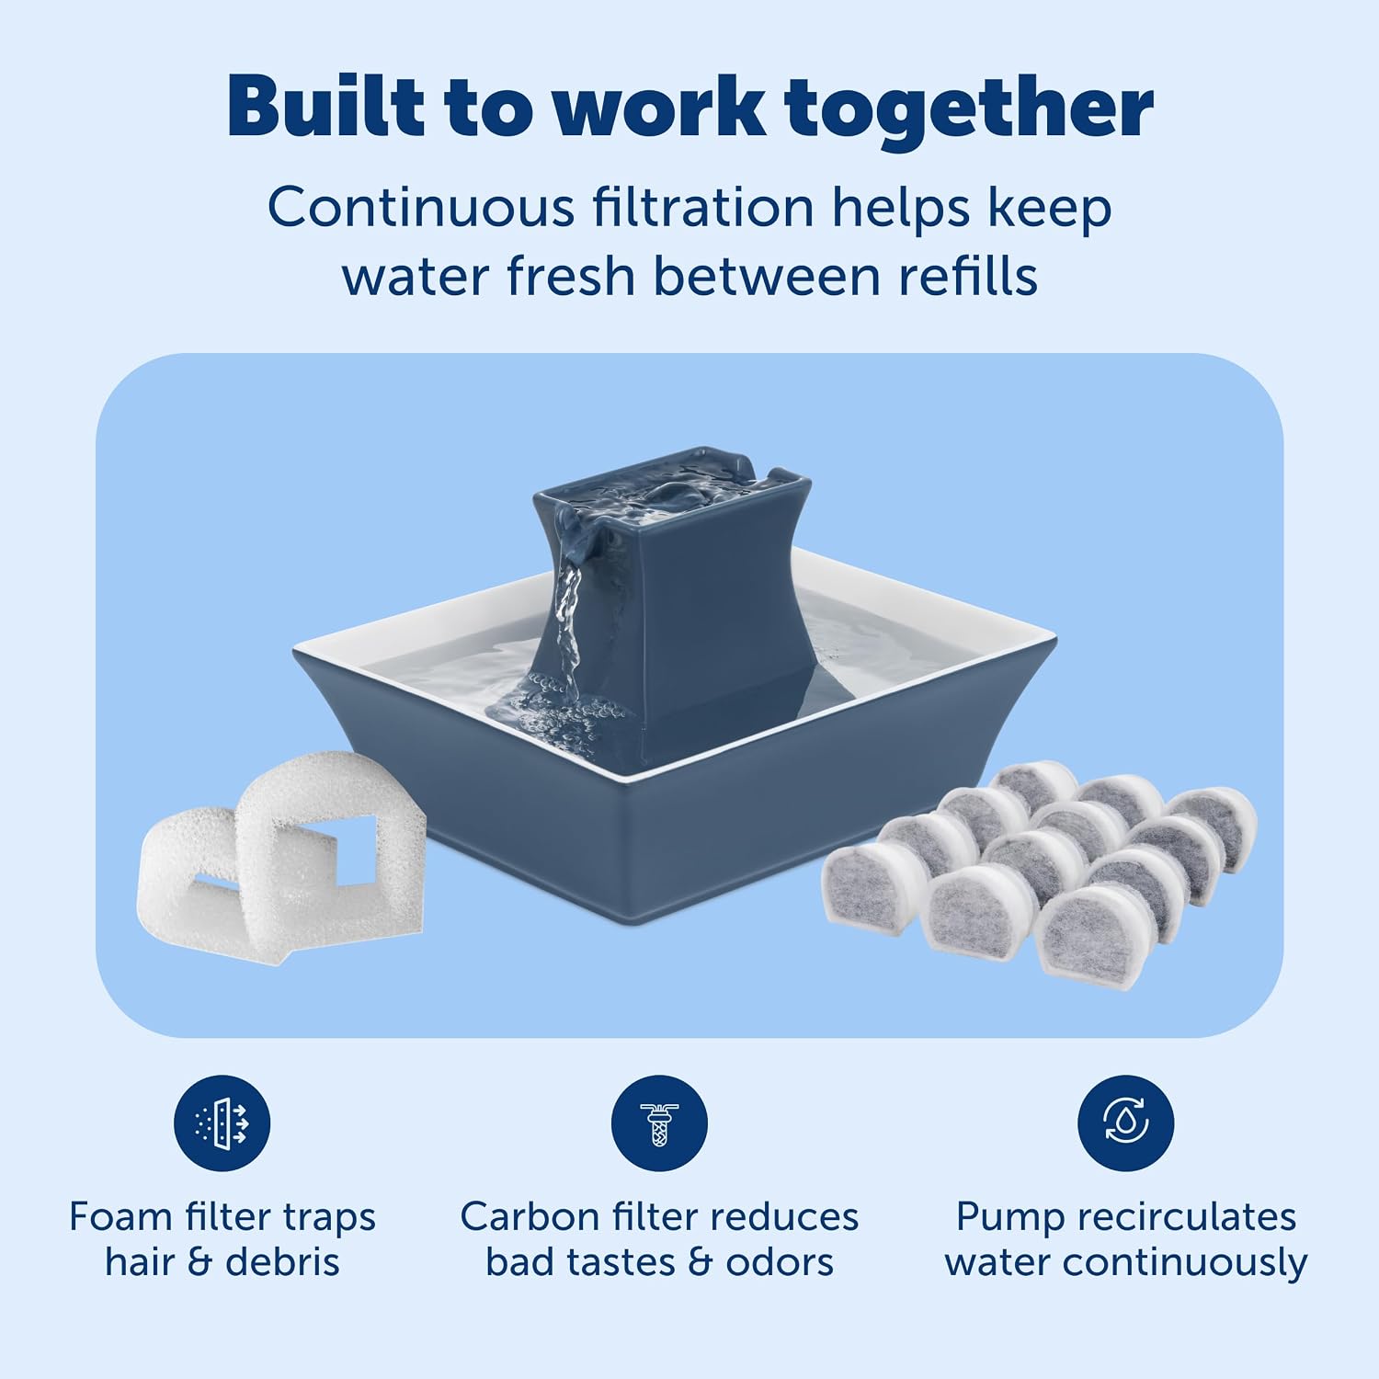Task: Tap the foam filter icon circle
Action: (222, 1123)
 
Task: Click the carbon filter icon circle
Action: (660, 1123)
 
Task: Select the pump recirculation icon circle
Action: (1126, 1123)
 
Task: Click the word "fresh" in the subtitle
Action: (570, 275)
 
